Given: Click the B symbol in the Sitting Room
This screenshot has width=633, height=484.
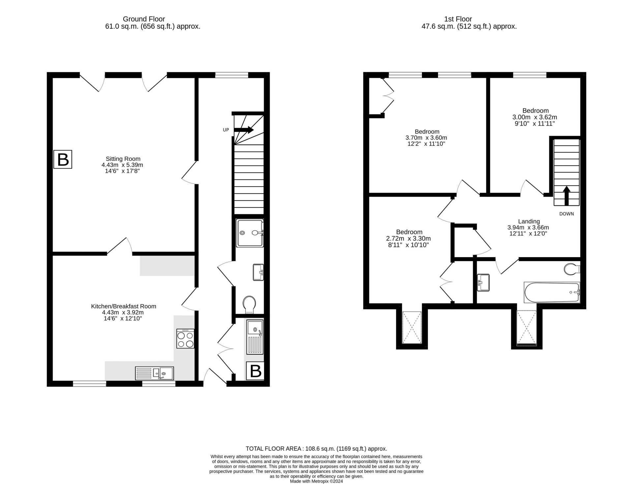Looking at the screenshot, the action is pyautogui.click(x=63, y=160).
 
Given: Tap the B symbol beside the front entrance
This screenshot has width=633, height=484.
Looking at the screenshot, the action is pyautogui.click(x=256, y=371).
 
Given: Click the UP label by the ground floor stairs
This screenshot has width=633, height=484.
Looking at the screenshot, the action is pyautogui.click(x=226, y=130).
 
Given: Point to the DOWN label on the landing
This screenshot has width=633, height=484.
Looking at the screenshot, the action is pyautogui.click(x=566, y=214).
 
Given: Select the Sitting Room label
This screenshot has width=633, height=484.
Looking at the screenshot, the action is pyautogui.click(x=123, y=159).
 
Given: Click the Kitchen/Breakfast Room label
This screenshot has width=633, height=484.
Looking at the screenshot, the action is pyautogui.click(x=124, y=306).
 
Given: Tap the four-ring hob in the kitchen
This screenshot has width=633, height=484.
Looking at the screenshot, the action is pyautogui.click(x=185, y=339).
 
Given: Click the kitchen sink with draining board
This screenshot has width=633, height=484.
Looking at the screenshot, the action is pyautogui.click(x=154, y=373).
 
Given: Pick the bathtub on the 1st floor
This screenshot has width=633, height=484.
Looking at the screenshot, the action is pyautogui.click(x=552, y=292).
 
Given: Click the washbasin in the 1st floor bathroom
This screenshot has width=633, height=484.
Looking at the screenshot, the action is pyautogui.click(x=484, y=283).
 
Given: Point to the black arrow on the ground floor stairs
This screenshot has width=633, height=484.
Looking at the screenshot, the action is pyautogui.click(x=244, y=130).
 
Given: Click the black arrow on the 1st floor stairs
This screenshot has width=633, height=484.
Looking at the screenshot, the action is pyautogui.click(x=566, y=196).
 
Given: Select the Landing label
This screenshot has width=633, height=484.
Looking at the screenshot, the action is pyautogui.click(x=529, y=221).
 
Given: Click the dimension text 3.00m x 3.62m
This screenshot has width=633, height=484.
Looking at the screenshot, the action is pyautogui.click(x=535, y=117).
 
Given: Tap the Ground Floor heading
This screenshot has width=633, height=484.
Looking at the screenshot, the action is pyautogui.click(x=144, y=19).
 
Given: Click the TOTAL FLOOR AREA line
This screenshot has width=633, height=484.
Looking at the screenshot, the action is pyautogui.click(x=316, y=448).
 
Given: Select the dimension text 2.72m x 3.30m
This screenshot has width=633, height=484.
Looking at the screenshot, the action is pyautogui.click(x=408, y=238).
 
